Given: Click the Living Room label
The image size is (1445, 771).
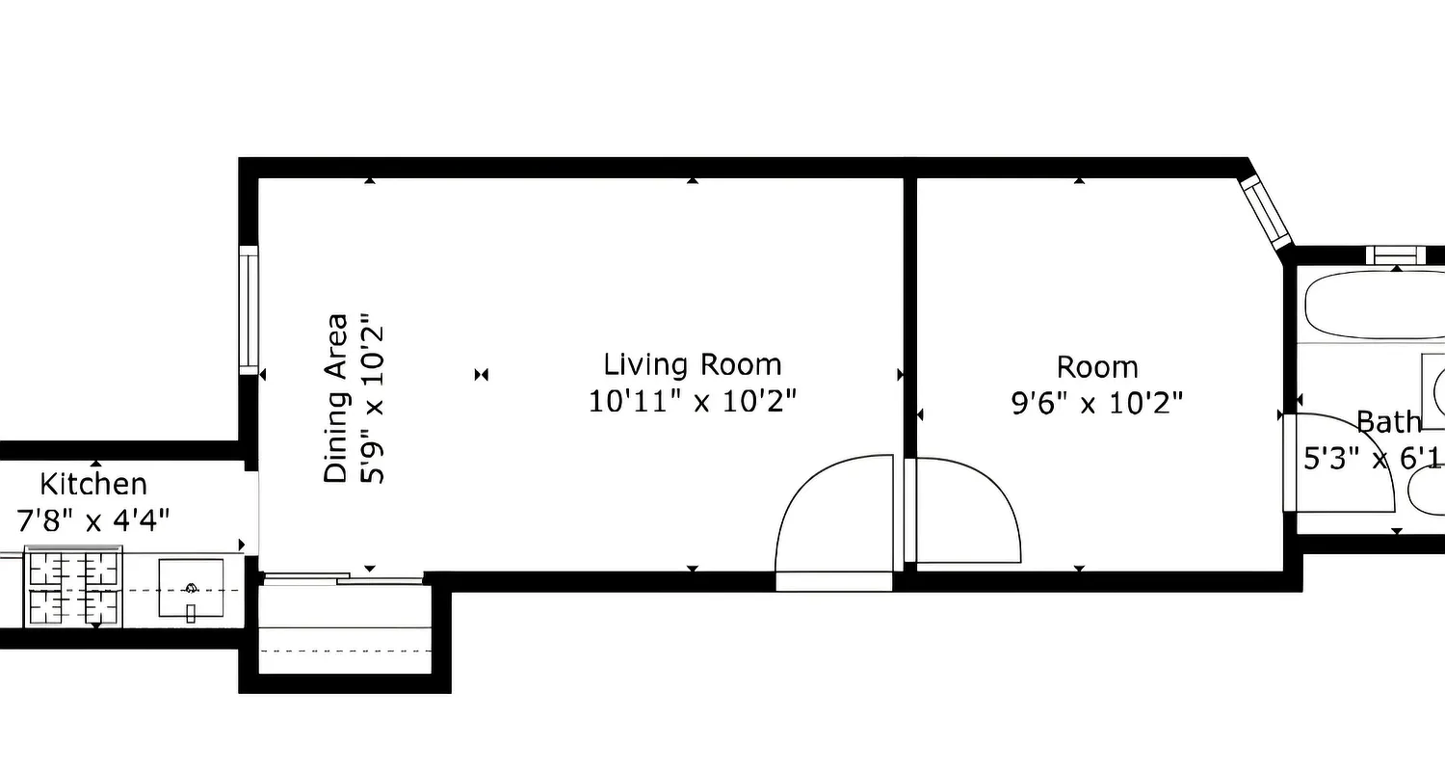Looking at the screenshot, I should coord(692,365).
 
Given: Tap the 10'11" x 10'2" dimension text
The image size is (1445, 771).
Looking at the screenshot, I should coord(692,401).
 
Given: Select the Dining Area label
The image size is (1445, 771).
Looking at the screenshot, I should coord(335,398).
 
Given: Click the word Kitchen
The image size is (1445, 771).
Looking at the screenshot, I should coord(93,484).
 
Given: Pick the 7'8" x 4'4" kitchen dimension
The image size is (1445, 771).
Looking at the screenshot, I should coord(93,520).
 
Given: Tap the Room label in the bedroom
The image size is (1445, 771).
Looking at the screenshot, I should coord(1096,367).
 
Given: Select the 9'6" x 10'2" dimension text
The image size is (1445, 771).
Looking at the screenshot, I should coord(1096,403).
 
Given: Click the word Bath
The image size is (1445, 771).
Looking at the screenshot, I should coord(1388,422).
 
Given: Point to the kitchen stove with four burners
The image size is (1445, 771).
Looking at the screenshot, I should coord(73,587).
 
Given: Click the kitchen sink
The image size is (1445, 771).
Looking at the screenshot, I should coord(190,590).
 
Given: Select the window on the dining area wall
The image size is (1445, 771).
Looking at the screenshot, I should coord(249,310).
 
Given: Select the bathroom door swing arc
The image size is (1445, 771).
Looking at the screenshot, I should coord(1344,463).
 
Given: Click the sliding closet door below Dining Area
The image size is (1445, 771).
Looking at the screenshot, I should coord(344,579).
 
